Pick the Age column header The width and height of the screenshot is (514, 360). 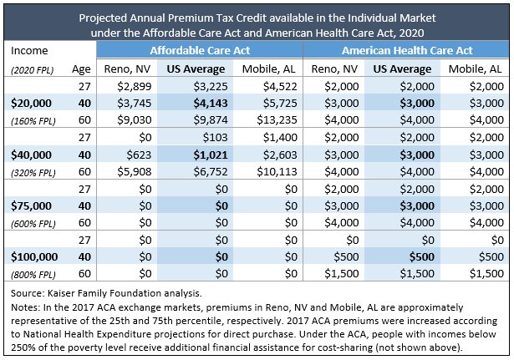point(81,69)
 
